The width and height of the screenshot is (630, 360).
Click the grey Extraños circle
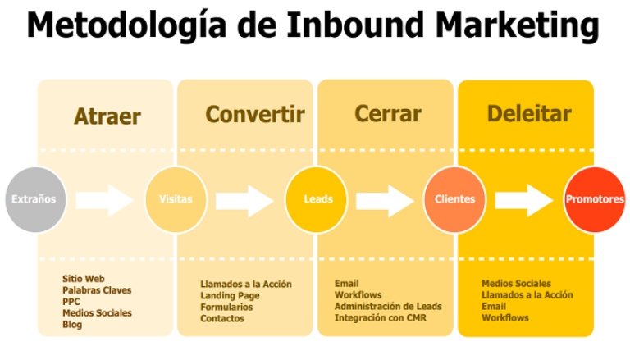tap(34, 199)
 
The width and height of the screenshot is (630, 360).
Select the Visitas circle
tap(176, 199)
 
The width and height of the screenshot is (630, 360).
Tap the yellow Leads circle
tap(317, 199)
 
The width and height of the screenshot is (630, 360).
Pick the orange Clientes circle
tap(454, 199)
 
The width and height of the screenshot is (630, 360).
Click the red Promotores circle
tap(595, 199)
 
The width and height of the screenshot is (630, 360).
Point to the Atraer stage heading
tap(107, 116)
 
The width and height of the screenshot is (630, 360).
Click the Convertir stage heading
tap(254, 114)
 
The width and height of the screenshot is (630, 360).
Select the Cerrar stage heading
tap(387, 114)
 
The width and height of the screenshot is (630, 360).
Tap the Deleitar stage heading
tap(529, 114)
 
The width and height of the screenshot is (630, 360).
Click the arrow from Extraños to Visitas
tap(104, 199)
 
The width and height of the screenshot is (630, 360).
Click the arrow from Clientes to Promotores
tap(524, 199)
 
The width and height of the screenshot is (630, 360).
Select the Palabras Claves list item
tap(97, 290)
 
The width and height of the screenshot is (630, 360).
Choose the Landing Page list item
tap(230, 296)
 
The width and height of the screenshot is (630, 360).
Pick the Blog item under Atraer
tap(72, 325)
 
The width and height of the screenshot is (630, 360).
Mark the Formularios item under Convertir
tap(226, 308)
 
